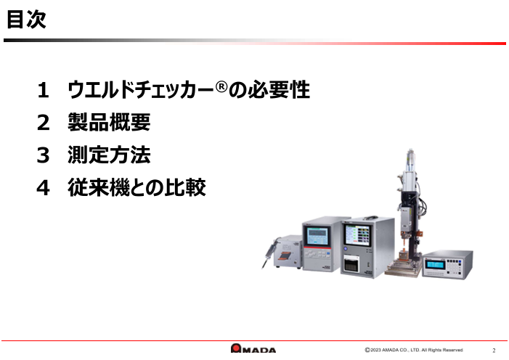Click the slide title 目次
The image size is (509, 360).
point(26,21)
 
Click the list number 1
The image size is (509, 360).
point(44,91)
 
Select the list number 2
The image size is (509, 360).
point(44,123)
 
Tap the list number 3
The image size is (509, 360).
point(44,156)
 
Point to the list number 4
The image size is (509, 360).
point(44,189)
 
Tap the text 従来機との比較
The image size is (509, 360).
point(137,189)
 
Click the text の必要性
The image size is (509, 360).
point(269,91)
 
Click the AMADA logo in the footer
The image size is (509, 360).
point(253,349)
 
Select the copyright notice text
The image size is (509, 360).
point(414,350)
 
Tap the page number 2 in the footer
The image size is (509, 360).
point(494,350)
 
